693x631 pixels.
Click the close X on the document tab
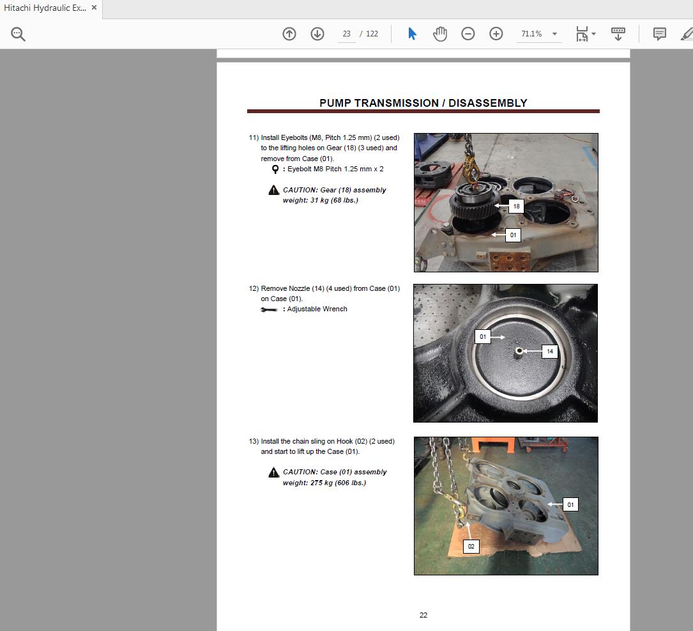tap(94, 8)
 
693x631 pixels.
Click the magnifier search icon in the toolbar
tap(18, 34)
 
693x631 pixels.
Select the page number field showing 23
tap(346, 34)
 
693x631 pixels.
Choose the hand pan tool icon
tap(440, 34)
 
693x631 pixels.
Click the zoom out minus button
tap(468, 34)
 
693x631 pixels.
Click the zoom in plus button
tap(496, 34)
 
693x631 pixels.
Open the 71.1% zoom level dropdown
tap(554, 34)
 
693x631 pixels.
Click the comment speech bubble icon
tap(660, 34)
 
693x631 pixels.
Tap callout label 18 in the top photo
tap(516, 206)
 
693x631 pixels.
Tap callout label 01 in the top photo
tap(513, 235)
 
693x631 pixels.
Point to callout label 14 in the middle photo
tap(549, 351)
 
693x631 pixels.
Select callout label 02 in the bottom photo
tap(471, 546)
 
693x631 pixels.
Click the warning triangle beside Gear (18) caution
tap(274, 191)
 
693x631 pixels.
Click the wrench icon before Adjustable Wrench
tap(269, 309)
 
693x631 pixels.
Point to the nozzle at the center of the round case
tap(519, 351)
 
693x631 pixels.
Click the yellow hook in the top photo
tap(472, 167)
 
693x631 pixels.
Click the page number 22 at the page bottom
tap(423, 615)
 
